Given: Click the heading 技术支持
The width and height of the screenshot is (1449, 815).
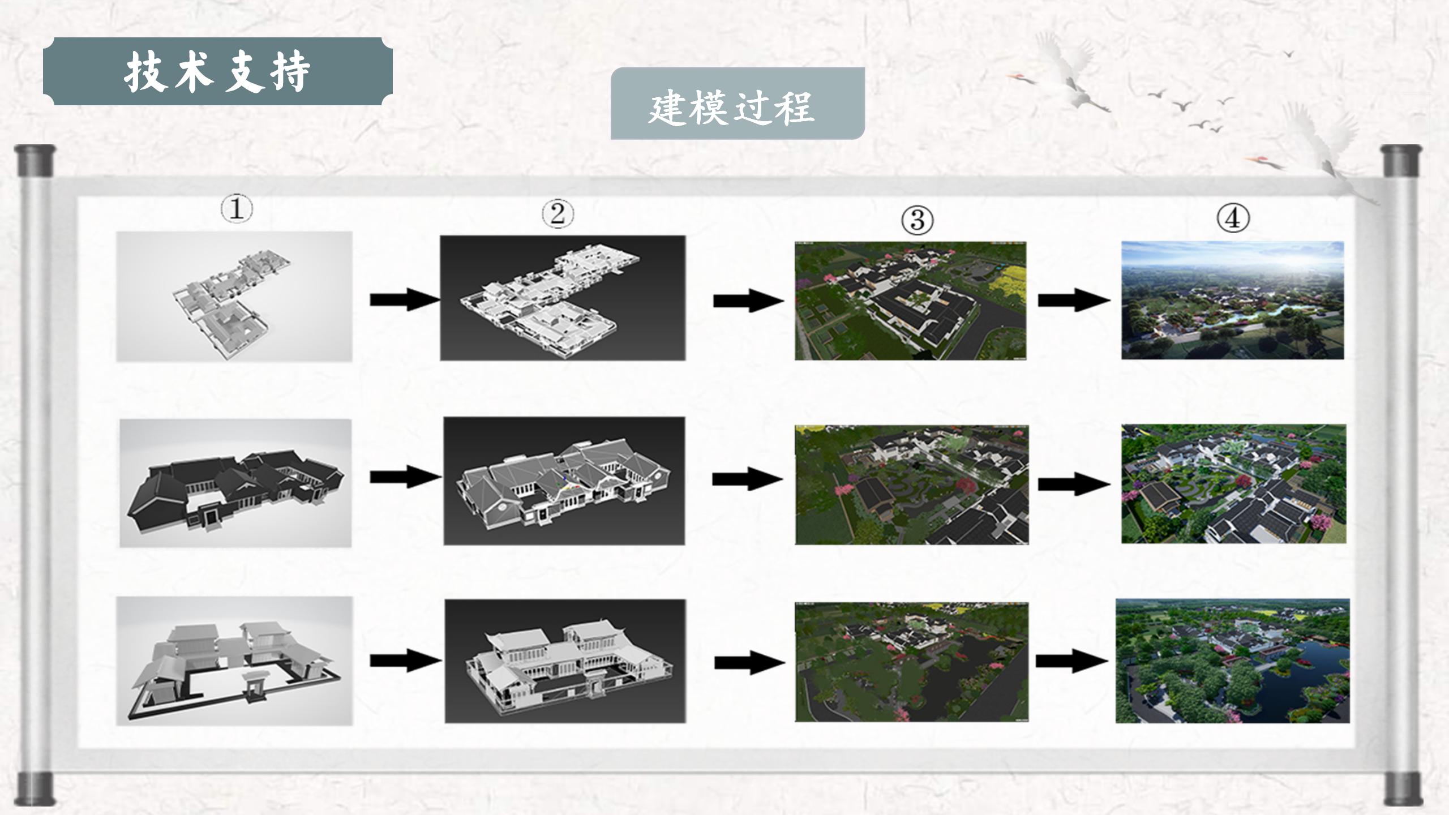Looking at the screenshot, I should pyautogui.click(x=217, y=72).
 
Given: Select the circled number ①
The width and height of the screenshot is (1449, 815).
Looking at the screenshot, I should pyautogui.click(x=237, y=209).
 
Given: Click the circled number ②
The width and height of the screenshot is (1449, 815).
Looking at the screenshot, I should pyautogui.click(x=558, y=214).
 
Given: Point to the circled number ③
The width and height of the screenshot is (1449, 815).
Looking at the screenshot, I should pyautogui.click(x=917, y=220).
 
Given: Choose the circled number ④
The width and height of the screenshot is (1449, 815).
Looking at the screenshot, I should pyautogui.click(x=1233, y=218).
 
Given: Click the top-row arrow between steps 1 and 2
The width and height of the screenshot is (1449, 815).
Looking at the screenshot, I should pyautogui.click(x=404, y=299).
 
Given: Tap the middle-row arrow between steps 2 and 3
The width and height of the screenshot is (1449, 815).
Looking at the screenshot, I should pyautogui.click(x=747, y=479).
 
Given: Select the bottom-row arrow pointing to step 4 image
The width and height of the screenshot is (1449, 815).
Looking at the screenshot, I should pyautogui.click(x=1071, y=660).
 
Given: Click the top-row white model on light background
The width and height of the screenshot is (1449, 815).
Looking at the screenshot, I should pyautogui.click(x=234, y=296).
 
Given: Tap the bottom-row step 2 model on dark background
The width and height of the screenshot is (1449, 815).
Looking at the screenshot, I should pyautogui.click(x=565, y=661).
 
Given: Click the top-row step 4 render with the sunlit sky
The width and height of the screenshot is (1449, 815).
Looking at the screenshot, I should pyautogui.click(x=1232, y=300).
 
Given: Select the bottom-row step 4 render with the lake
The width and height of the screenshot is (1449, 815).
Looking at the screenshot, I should pyautogui.click(x=1232, y=660).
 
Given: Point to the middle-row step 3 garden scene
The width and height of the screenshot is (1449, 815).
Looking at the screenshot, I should pyautogui.click(x=911, y=484).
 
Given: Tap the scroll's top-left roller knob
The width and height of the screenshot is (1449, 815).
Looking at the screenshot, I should pyautogui.click(x=35, y=161).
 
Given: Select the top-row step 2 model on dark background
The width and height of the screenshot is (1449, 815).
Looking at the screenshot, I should pyautogui.click(x=563, y=298).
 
